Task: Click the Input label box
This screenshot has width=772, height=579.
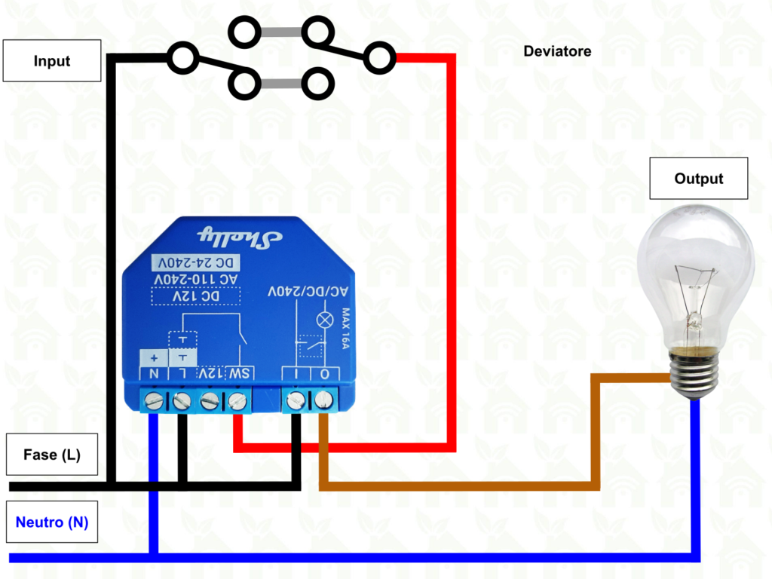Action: tap(52, 61)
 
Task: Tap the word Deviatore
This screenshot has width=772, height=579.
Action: tap(557, 51)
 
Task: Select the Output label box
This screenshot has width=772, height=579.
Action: tap(698, 179)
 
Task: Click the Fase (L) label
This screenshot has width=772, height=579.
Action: tap(52, 455)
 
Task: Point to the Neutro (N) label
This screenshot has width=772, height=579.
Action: tap(52, 522)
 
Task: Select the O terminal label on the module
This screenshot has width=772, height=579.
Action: tap(324, 373)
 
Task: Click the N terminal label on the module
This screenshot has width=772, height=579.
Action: tap(153, 373)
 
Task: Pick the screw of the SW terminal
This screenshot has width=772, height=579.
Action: tap(237, 401)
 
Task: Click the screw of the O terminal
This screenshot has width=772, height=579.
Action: tap(324, 400)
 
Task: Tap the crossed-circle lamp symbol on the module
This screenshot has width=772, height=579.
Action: tap(326, 320)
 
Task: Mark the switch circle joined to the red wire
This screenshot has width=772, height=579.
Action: tap(380, 58)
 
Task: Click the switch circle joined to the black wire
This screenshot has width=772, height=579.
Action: tap(182, 58)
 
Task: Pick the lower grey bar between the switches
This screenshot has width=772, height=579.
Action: tap(280, 83)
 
